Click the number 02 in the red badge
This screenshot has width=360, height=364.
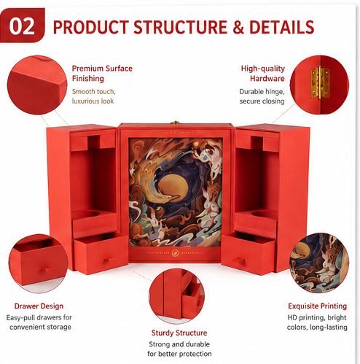click(x=22, y=26)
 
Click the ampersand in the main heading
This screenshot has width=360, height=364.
click(x=238, y=27)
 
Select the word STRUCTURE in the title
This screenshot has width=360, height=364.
click(x=180, y=27)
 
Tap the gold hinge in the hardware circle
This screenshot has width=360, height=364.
click(x=320, y=82)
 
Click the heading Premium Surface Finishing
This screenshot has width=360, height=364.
click(x=102, y=74)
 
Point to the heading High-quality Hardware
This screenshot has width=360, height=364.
click(x=263, y=74)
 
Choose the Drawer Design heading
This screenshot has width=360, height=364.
click(x=39, y=306)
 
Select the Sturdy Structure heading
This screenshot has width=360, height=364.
click(x=179, y=333)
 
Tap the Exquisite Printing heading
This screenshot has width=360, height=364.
click(x=317, y=306)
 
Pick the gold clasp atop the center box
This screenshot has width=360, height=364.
click(x=174, y=123)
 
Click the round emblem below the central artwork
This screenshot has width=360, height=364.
click(x=175, y=253)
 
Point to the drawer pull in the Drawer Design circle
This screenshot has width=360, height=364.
click(x=47, y=269)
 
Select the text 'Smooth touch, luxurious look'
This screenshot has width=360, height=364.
click(x=94, y=96)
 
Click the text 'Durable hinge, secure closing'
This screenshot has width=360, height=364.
click(x=262, y=96)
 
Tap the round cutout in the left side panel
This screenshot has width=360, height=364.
click(x=91, y=214)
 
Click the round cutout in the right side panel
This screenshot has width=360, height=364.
click(x=262, y=214)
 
